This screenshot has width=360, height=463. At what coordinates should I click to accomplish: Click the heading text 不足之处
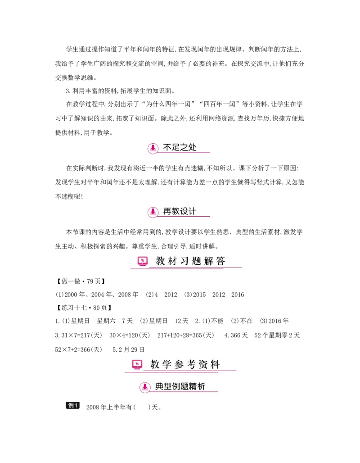(x=180, y=147)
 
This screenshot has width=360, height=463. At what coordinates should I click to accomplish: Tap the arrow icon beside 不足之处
(x=153, y=148)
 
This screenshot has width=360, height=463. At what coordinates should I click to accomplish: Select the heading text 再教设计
(x=180, y=211)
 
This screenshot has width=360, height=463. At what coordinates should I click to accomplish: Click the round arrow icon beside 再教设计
(x=153, y=211)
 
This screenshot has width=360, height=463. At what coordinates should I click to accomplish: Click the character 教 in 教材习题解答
(x=161, y=261)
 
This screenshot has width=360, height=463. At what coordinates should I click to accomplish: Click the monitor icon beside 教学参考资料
(x=137, y=364)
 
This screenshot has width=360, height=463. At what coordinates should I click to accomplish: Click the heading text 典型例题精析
(x=180, y=386)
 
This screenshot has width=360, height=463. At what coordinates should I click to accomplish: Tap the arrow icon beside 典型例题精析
(x=144, y=387)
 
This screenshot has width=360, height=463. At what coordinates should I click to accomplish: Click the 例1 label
(x=73, y=405)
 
